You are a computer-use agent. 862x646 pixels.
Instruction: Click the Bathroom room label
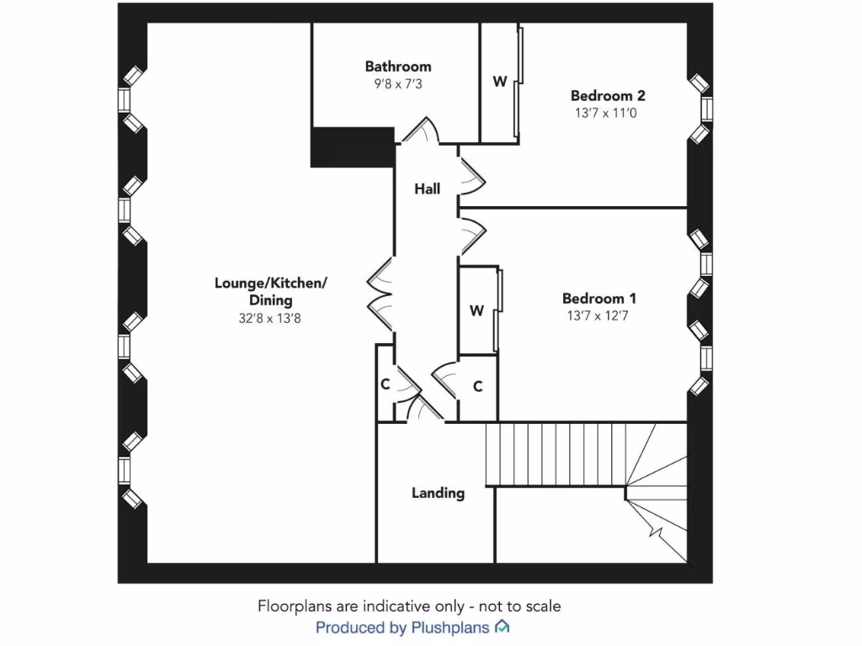click(x=397, y=66)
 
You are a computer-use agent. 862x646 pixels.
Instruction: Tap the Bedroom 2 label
click(x=608, y=96)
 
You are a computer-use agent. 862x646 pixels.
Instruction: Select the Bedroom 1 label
click(x=599, y=299)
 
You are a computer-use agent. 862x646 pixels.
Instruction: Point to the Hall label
click(x=427, y=189)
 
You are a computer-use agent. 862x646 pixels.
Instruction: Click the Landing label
click(x=438, y=493)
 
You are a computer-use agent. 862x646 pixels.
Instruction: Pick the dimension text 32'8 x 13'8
click(x=270, y=319)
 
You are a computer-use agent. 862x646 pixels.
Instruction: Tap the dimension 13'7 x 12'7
click(x=599, y=316)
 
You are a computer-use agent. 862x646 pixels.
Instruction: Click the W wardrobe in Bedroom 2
click(x=499, y=82)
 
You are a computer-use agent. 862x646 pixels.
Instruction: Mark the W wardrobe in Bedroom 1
click(x=476, y=311)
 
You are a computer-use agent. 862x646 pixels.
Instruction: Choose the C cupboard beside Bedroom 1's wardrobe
click(x=477, y=387)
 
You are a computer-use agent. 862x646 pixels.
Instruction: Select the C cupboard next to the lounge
click(x=385, y=385)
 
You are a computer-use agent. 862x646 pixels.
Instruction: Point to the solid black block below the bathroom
click(x=353, y=147)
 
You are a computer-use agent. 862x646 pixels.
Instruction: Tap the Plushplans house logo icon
click(x=503, y=627)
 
